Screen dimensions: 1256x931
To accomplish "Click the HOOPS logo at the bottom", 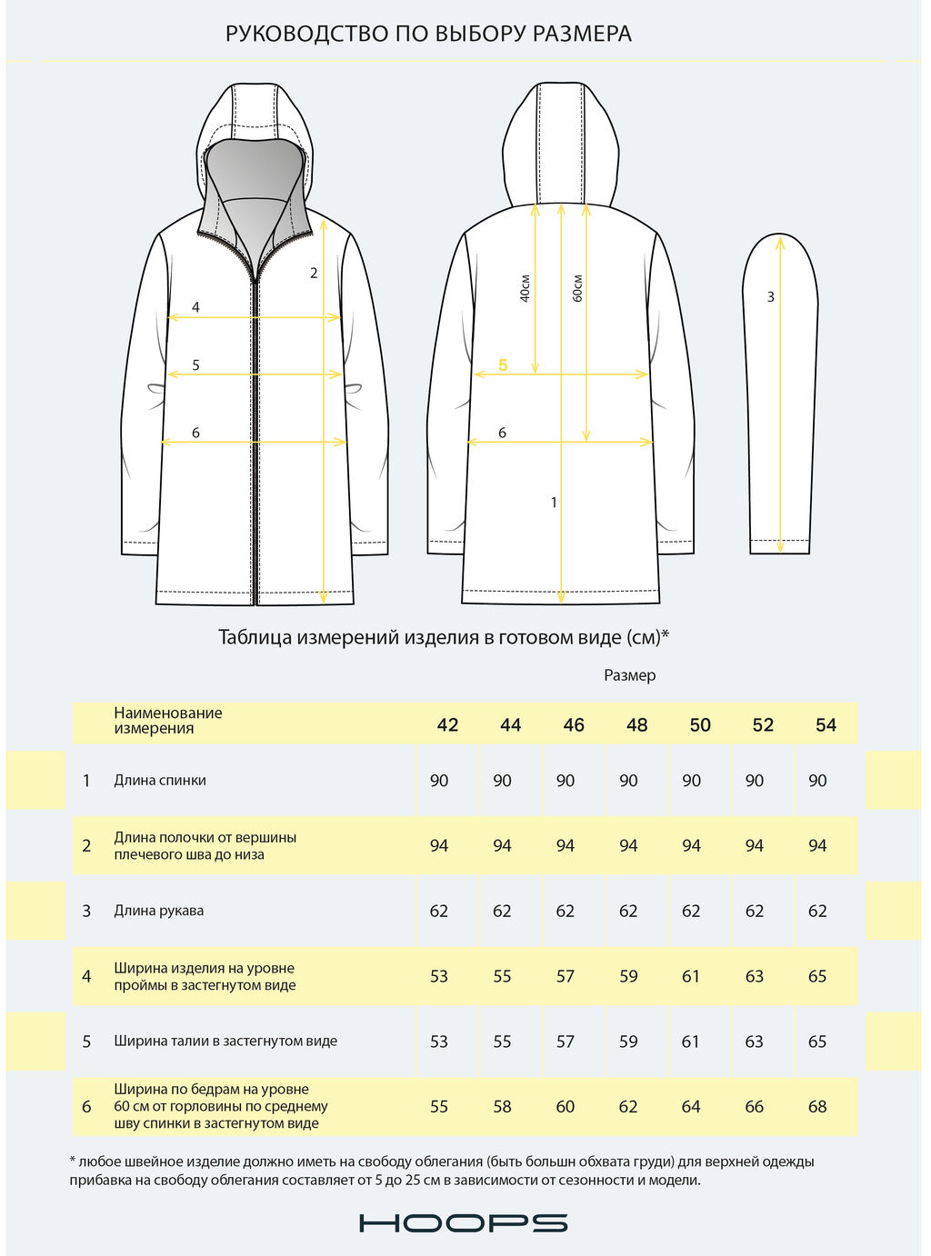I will click(464, 1223).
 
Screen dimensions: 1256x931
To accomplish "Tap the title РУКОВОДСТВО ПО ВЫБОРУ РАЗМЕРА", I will click(428, 35).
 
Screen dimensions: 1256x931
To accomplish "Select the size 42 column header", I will click(447, 725).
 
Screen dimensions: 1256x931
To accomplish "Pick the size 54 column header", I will click(826, 725).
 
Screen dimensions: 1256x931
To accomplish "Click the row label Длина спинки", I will click(160, 781).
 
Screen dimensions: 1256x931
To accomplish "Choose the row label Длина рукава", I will click(158, 911).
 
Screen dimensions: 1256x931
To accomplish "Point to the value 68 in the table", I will click(817, 1107).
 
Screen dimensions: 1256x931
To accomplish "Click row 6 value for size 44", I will click(502, 1107).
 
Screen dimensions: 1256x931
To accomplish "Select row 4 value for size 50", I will click(691, 976).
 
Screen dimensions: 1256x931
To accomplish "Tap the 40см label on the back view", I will click(525, 288).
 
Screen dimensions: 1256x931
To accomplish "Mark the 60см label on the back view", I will click(577, 288).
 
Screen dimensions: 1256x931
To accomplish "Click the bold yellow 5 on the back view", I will click(503, 365).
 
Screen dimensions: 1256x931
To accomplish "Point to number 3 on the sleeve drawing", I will click(771, 297).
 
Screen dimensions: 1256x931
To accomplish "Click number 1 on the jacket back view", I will click(554, 503).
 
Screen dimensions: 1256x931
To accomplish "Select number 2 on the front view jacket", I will click(314, 273).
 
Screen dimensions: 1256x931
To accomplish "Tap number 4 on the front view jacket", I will click(195, 308).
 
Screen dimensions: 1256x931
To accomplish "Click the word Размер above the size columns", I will click(629, 675).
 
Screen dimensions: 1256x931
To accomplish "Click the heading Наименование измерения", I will click(167, 721).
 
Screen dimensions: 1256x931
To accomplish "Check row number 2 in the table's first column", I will click(86, 846).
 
